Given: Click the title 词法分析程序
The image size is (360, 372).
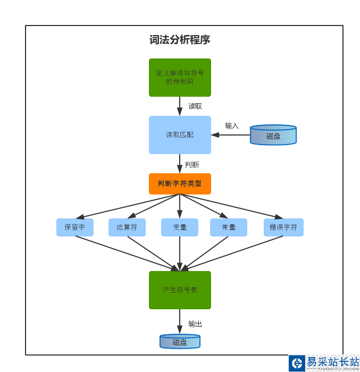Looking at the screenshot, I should point(180,40).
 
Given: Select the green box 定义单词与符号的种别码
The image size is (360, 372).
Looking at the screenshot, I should point(180,78).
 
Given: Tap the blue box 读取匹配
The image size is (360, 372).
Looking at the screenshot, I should point(180,135).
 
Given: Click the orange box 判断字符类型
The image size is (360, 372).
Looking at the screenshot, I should point(180,184).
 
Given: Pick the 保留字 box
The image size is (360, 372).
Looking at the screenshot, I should point(75,227).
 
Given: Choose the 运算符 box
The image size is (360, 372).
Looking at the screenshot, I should point(127,227).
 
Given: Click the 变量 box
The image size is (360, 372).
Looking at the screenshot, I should point(180,227).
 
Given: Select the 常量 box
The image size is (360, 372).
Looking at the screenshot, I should point(229,227).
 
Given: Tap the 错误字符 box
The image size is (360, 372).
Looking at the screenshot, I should point(283,227).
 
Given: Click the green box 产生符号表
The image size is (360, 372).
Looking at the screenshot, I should point(180,290).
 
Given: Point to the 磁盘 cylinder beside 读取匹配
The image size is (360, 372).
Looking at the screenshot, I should point(273,136).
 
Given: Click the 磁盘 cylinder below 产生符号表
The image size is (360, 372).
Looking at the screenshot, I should point(180,342).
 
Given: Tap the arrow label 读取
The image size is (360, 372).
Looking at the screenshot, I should point(195,106).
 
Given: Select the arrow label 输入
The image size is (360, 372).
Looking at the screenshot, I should point(232,126).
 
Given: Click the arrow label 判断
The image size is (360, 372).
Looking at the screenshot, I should point(192,165).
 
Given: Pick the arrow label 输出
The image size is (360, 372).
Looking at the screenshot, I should point(195,324).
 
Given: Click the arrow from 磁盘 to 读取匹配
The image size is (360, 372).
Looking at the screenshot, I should point(231,135).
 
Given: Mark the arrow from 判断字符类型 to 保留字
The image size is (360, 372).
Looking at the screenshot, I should point(128,206).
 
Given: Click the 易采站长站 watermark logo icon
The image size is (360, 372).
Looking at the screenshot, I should point(297,363).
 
